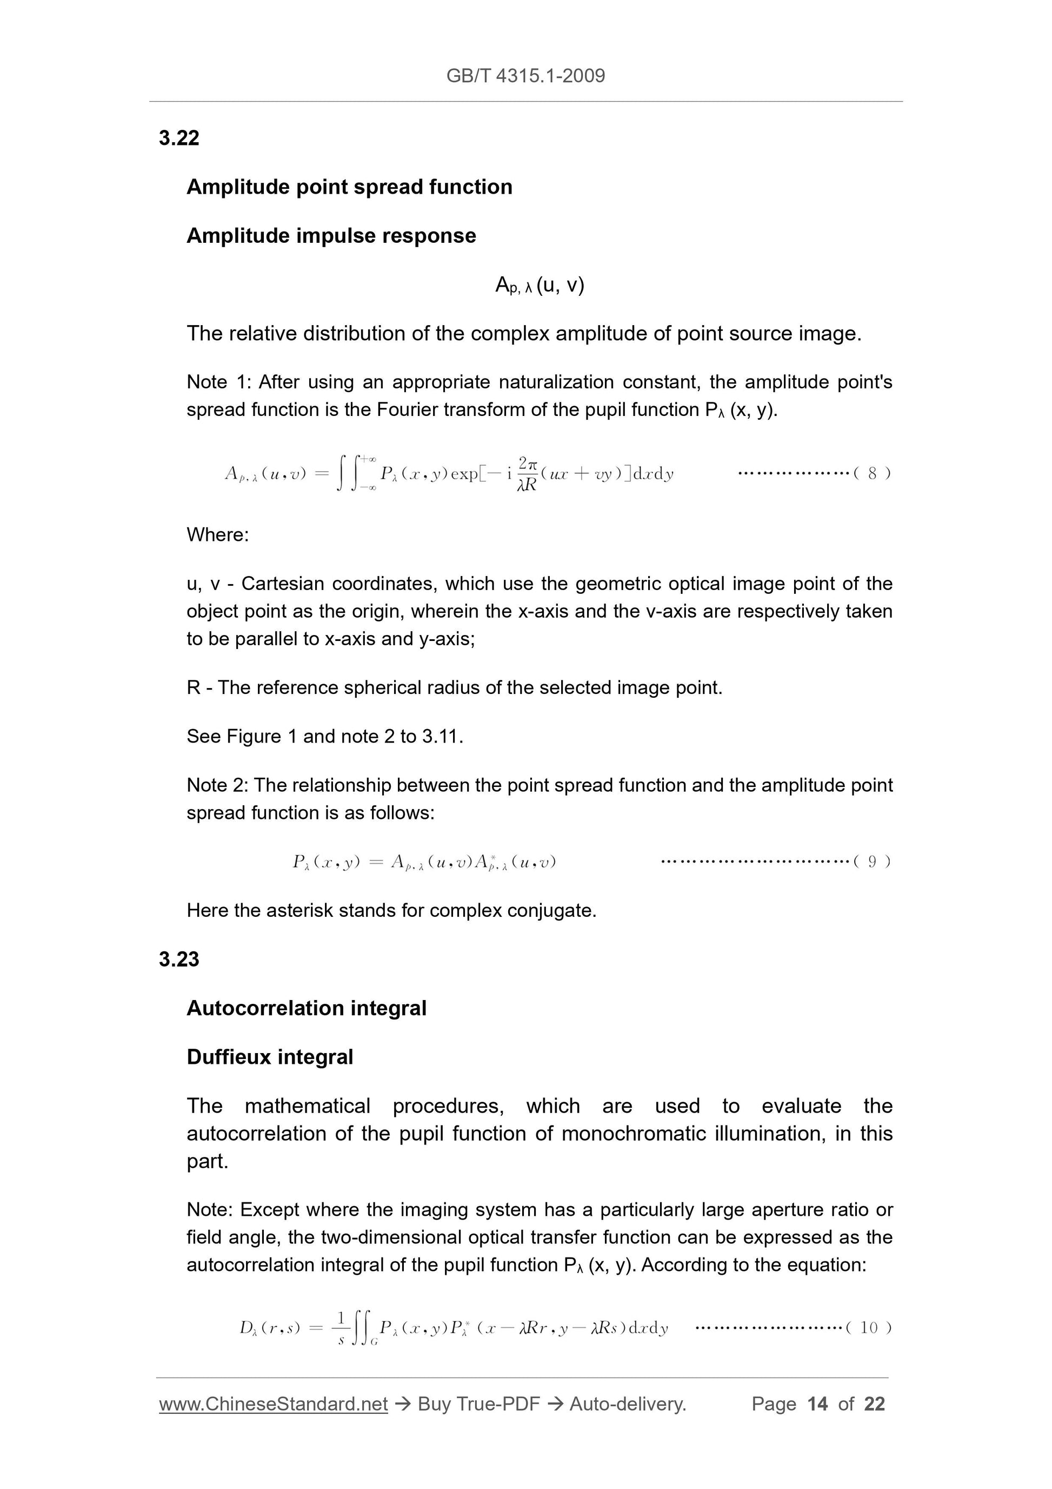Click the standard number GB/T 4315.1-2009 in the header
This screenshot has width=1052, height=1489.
pyautogui.click(x=525, y=76)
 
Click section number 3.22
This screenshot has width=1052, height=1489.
pyautogui.click(x=179, y=138)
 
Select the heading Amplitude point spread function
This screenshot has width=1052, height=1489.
pyautogui.click(x=349, y=187)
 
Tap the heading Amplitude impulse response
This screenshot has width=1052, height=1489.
pyautogui.click(x=331, y=235)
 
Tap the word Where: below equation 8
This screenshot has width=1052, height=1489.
pyautogui.click(x=218, y=535)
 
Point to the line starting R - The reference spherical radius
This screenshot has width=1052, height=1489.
pyautogui.click(x=454, y=687)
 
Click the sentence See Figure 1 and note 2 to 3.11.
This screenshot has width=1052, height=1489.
pyautogui.click(x=325, y=737)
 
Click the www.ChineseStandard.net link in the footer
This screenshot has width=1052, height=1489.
pyautogui.click(x=273, y=1404)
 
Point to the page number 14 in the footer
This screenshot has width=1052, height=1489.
pyautogui.click(x=817, y=1404)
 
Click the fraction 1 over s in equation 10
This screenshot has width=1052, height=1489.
pyautogui.click(x=342, y=1327)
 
